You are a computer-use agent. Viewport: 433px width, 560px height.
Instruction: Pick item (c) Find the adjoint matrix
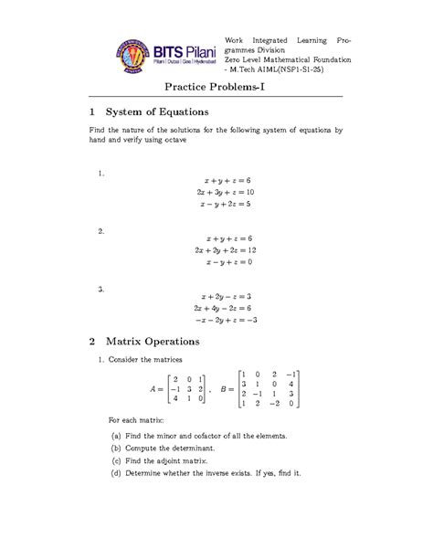171,463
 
